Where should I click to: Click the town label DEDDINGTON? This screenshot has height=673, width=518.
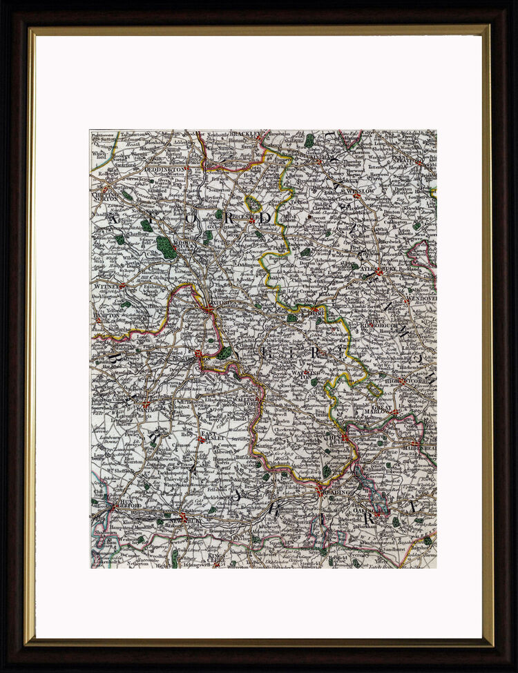(x=165, y=169)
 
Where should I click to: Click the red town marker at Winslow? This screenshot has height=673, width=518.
(x=358, y=195)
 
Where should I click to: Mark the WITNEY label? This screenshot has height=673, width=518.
(x=106, y=284)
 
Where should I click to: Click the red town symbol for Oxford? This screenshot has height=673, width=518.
(x=209, y=310)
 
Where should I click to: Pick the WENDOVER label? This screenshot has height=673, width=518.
(x=419, y=299)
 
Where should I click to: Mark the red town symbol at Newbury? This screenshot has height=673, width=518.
(x=183, y=516)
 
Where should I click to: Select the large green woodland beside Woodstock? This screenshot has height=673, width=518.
(x=166, y=246)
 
